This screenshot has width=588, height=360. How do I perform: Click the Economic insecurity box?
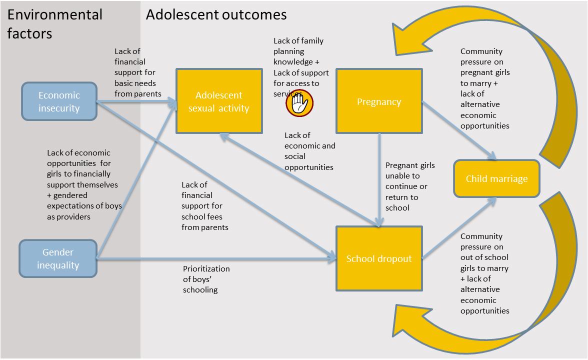pyautogui.click(x=59, y=101)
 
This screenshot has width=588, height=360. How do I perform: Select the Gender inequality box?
pyautogui.click(x=58, y=258)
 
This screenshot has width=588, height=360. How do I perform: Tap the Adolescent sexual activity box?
pyautogui.click(x=218, y=101)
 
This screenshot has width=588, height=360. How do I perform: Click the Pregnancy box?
pyautogui.click(x=378, y=101)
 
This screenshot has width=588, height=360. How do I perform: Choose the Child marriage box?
pyautogui.click(x=496, y=178)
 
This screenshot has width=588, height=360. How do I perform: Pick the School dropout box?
pyautogui.click(x=378, y=258)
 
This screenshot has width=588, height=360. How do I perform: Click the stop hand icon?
pyautogui.click(x=299, y=103)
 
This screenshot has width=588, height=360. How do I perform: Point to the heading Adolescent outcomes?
pyautogui.click(x=216, y=14)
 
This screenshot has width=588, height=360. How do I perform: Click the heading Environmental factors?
pyautogui.click(x=55, y=24)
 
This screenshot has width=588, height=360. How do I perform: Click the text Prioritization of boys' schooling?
pyautogui.click(x=206, y=279)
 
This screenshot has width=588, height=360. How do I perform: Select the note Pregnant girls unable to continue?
pyautogui.click(x=409, y=186)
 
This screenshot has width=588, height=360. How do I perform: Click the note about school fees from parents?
pyautogui.click(x=204, y=206)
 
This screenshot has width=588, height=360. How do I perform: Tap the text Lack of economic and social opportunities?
pyautogui.click(x=309, y=151)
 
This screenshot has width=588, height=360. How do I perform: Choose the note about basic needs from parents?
pyautogui.click(x=137, y=72)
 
